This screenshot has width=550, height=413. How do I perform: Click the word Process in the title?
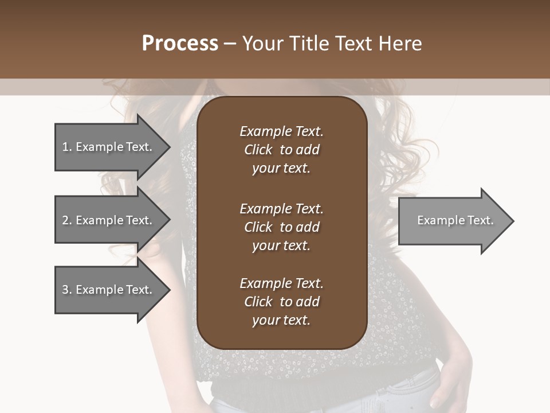pyautogui.click(x=180, y=44)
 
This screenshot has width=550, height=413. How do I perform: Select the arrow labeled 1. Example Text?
pyautogui.click(x=107, y=147)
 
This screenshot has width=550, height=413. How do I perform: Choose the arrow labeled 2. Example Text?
pyautogui.click(x=107, y=220)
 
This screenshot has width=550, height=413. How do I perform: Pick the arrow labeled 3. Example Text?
pyautogui.click(x=107, y=290)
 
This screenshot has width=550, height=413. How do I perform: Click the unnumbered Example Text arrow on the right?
pyautogui.click(x=455, y=220)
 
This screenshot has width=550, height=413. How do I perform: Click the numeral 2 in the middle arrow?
pyautogui.click(x=65, y=220)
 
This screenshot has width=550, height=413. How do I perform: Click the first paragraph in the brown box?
pyautogui.click(x=281, y=150)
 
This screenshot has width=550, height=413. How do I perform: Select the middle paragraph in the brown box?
pyautogui.click(x=281, y=227)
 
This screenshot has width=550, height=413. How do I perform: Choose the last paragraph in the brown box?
pyautogui.click(x=281, y=302)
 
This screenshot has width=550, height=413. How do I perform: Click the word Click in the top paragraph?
pyautogui.click(x=258, y=150)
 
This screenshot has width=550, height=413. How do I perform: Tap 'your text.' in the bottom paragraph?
pyautogui.click(x=281, y=320)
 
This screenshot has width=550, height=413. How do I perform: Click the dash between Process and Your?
pyautogui.click(x=230, y=44)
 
